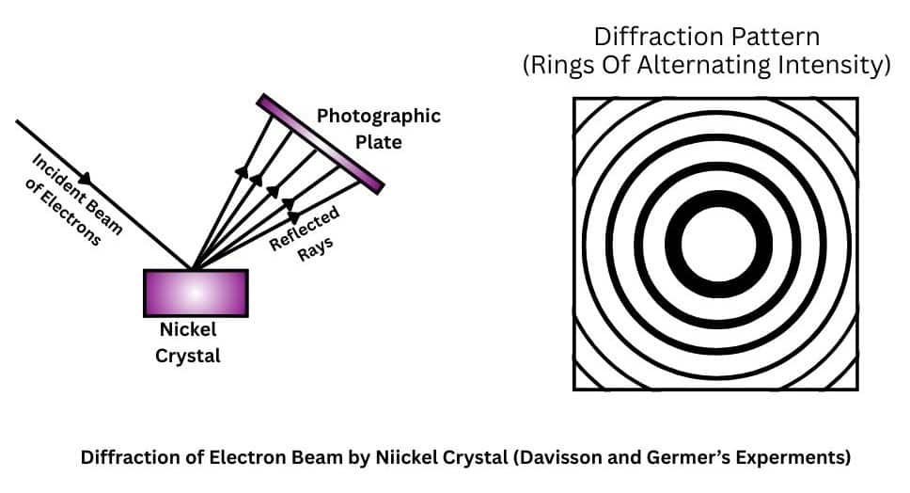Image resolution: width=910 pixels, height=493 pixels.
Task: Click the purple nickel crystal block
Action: coord(196,293)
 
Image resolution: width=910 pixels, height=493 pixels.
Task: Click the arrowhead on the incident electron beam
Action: coord(86,179)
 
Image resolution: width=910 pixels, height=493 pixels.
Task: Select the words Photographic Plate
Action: coord(378,129)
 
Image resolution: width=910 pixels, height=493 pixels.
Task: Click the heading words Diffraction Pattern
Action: coord(707,38)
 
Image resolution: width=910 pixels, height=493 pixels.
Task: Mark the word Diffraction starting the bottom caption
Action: coord(125,458)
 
